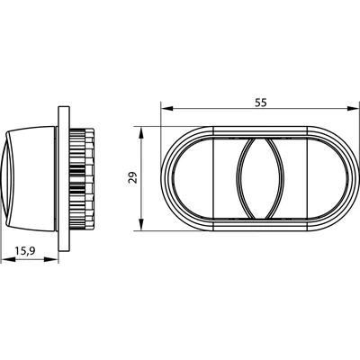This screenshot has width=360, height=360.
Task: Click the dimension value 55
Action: click(x=260, y=103)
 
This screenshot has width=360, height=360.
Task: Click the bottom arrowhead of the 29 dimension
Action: click(x=142, y=227)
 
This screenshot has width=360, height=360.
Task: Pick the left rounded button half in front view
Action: click(x=200, y=178)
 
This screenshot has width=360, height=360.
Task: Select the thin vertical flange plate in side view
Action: click(x=64, y=178)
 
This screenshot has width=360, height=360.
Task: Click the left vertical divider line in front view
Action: click(x=212, y=178)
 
